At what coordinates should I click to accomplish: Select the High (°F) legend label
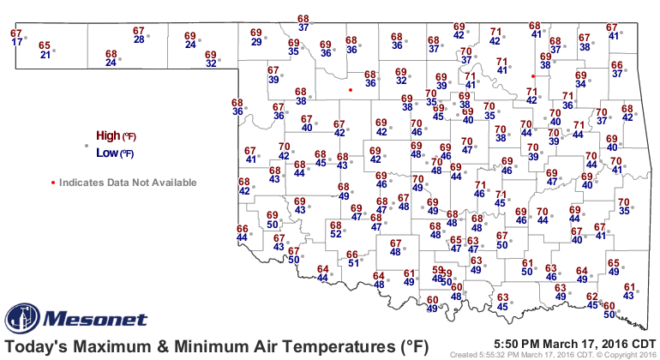(x=115, y=136)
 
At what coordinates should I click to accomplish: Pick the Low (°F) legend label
(x=115, y=153)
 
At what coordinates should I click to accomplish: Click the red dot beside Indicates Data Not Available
(x=53, y=182)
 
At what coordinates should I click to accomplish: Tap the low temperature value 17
(x=17, y=42)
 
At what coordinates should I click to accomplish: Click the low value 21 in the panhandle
(x=46, y=54)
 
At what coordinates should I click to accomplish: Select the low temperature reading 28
(x=139, y=39)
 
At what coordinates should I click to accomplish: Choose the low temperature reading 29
(x=256, y=42)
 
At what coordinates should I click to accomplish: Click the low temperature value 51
(x=352, y=263)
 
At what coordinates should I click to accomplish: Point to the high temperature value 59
(x=437, y=270)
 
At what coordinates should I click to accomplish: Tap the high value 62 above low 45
(x=591, y=296)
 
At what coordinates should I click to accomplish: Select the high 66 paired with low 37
(x=617, y=65)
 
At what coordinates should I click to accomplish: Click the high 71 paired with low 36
(x=567, y=96)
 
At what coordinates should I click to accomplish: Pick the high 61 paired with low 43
(x=630, y=287)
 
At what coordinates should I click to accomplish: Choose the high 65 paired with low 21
(x=45, y=45)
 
